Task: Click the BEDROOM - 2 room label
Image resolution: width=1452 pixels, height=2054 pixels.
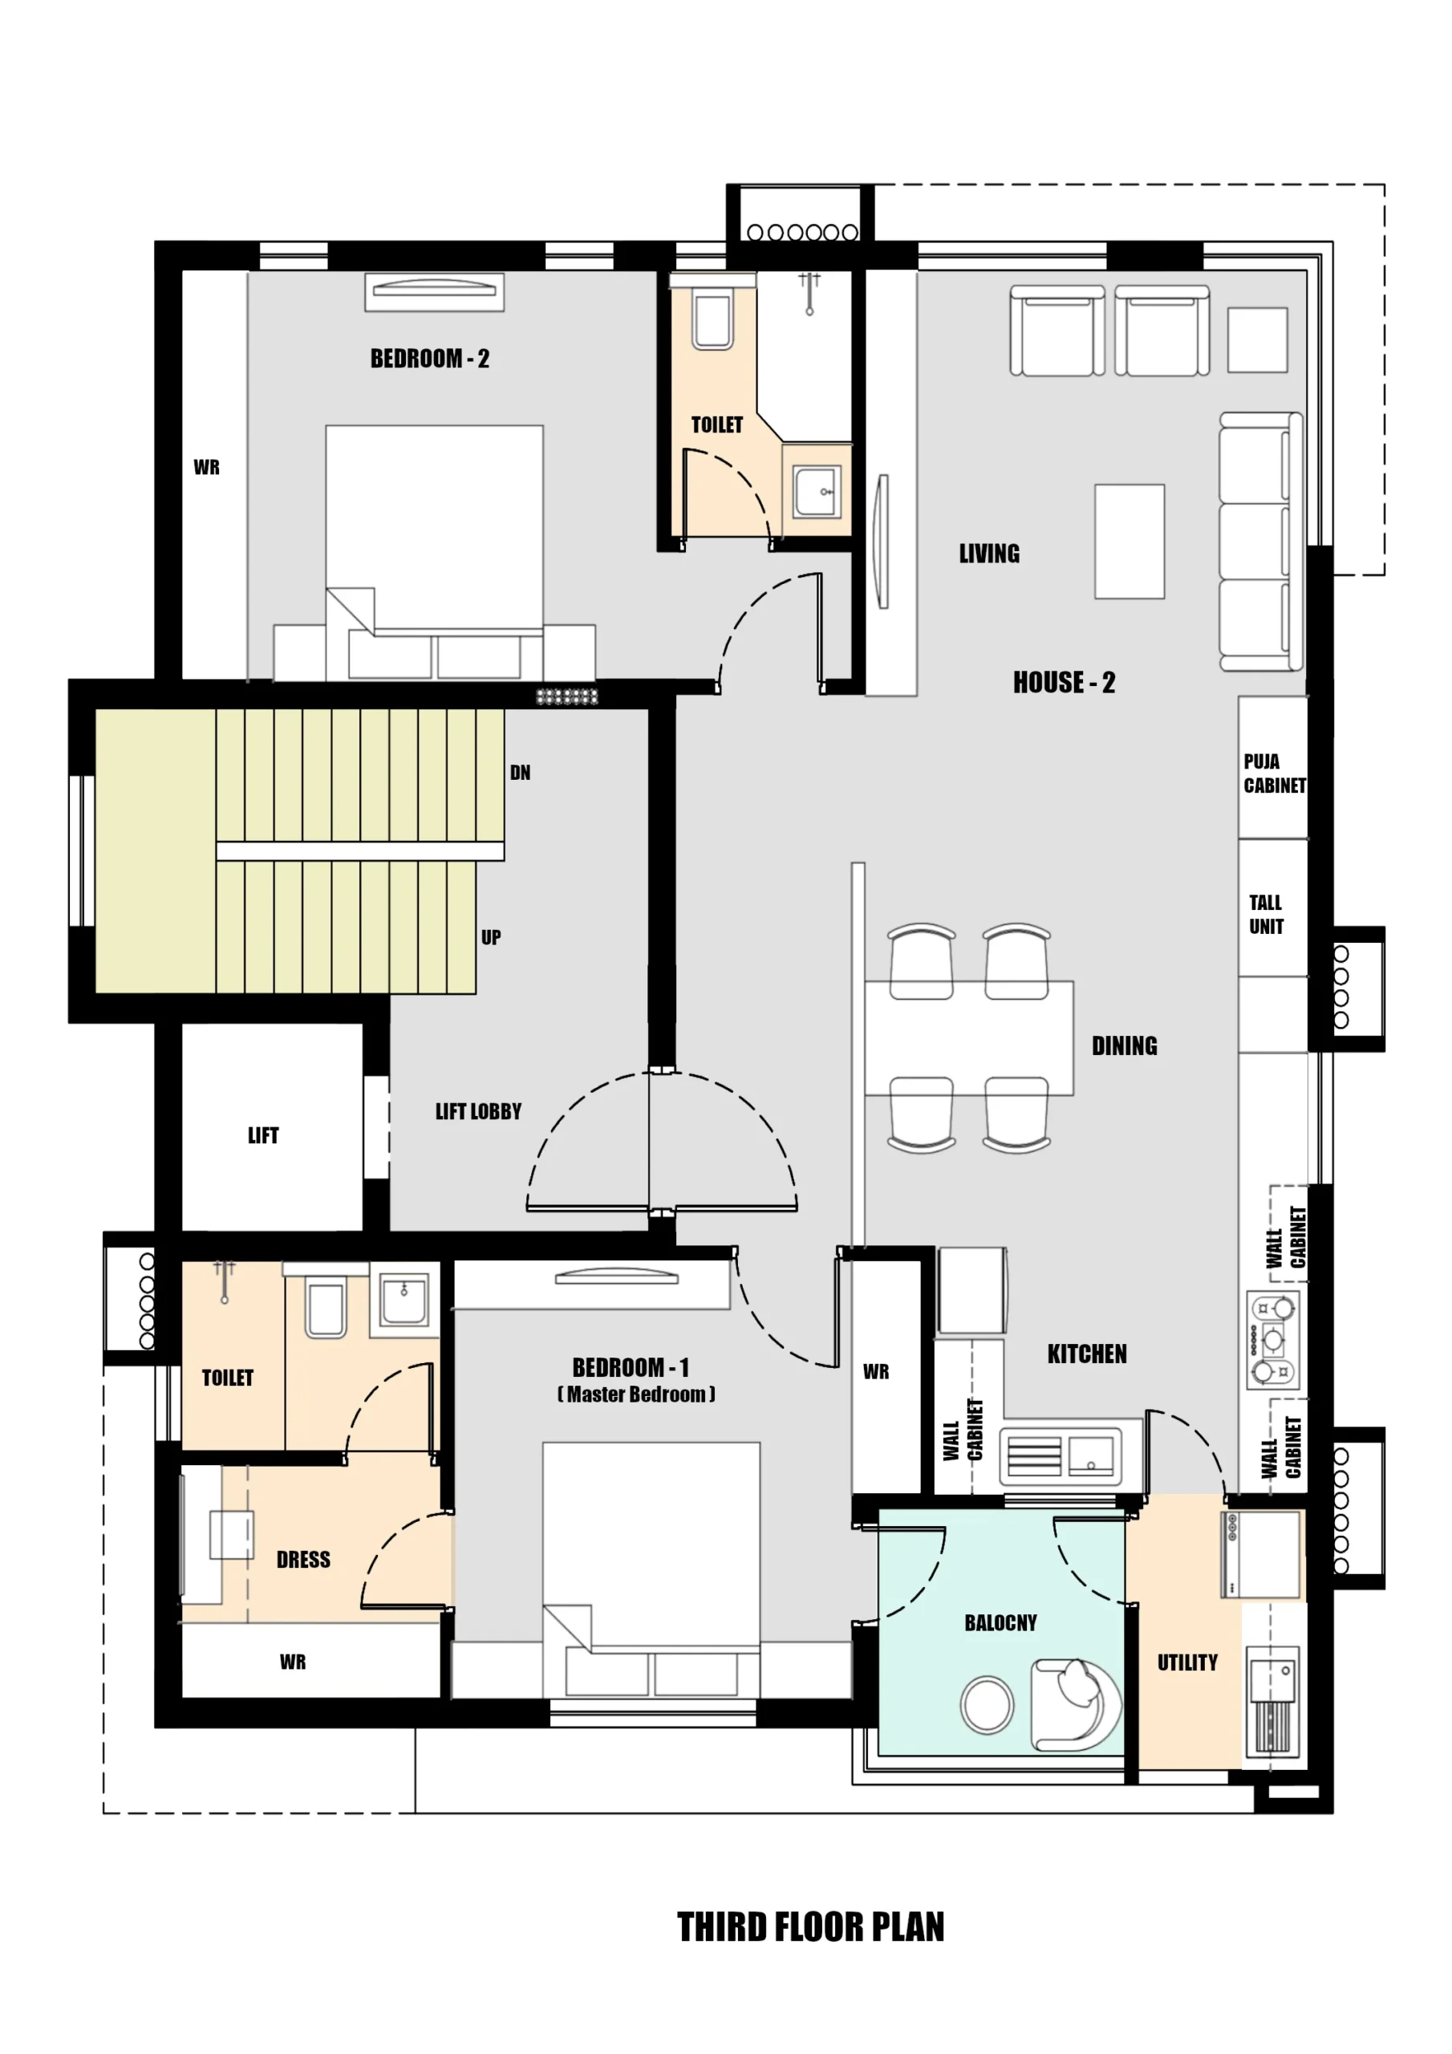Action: click(x=429, y=359)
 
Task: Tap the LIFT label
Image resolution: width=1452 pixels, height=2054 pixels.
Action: click(x=263, y=1135)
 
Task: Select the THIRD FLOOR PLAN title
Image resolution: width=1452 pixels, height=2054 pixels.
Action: click(x=810, y=1926)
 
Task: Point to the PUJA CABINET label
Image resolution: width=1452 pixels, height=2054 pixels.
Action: click(x=1274, y=773)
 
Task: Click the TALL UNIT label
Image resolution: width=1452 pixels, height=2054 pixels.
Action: click(x=1266, y=915)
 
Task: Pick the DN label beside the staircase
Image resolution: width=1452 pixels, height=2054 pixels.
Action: click(x=520, y=772)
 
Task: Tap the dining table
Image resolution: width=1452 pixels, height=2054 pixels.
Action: click(x=969, y=1037)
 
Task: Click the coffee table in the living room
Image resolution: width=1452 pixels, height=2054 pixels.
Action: click(x=1129, y=542)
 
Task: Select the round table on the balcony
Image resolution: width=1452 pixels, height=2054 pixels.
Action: click(x=987, y=1704)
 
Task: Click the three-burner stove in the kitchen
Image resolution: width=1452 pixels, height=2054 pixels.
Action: click(x=1272, y=1339)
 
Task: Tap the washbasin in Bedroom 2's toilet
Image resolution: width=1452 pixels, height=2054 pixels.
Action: click(x=817, y=491)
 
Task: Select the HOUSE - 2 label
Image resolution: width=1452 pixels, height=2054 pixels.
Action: click(x=1064, y=683)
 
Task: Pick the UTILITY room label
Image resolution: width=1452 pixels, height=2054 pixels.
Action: click(x=1187, y=1662)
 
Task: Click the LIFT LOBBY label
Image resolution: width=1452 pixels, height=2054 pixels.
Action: click(x=478, y=1111)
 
